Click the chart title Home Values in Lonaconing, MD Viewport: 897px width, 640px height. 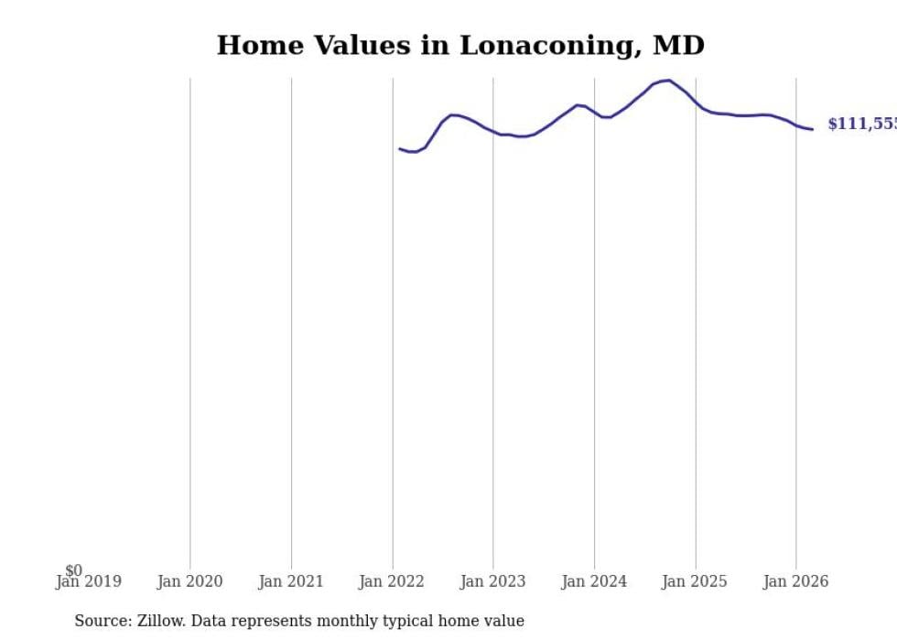click(x=460, y=45)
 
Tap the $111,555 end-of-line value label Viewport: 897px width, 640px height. click(x=861, y=125)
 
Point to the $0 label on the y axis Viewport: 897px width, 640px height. click(x=73, y=571)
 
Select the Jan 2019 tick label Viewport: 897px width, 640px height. click(x=88, y=581)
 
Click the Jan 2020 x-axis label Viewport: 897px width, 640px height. click(x=189, y=581)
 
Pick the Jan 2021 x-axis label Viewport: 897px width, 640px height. click(x=291, y=581)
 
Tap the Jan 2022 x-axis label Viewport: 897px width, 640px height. click(x=392, y=581)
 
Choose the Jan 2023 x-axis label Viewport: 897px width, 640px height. click(x=492, y=581)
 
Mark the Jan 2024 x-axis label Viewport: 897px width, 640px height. click(x=594, y=581)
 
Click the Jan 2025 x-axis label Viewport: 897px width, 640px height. click(x=695, y=581)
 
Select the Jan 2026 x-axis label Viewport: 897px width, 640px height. click(x=795, y=581)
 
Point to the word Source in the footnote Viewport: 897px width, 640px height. click(x=103, y=622)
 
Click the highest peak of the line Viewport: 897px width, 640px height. click(x=669, y=81)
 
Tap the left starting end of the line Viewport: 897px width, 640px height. click(x=400, y=148)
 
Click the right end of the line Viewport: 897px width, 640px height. click(x=812, y=129)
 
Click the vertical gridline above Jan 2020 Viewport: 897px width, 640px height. click(x=190, y=320)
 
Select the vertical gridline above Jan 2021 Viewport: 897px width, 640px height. click(x=291, y=320)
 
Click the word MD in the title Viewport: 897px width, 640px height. click(x=679, y=45)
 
